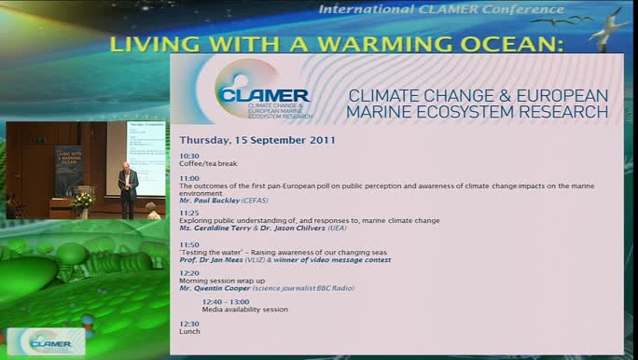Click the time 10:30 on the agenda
click(189, 156)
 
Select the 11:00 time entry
click(189, 178)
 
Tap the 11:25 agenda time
click(189, 213)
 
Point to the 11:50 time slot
click(189, 244)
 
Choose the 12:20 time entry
click(189, 273)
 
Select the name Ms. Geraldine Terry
click(217, 228)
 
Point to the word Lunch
click(189, 331)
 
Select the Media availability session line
click(244, 309)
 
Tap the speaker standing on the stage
click(128, 189)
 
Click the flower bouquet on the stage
click(83, 199)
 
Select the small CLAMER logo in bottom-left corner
click(44, 341)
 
